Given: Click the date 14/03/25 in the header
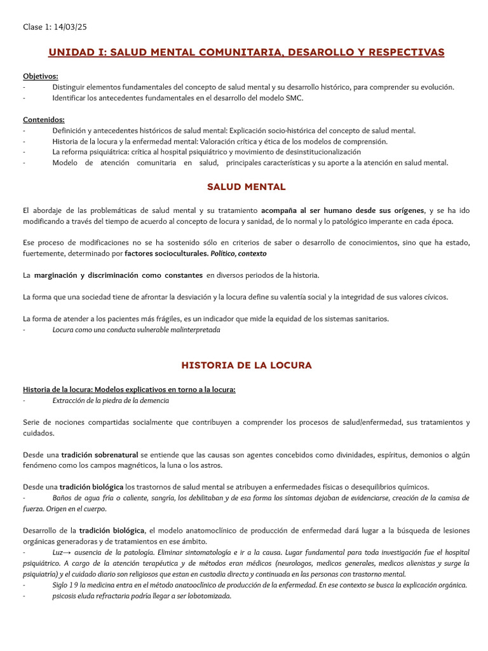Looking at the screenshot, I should [74, 27].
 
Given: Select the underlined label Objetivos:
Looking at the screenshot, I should [41, 76].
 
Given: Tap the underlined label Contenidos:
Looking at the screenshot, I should [44, 120].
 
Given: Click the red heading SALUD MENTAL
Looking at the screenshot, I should [247, 187].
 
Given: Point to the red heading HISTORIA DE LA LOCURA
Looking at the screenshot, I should [247, 366].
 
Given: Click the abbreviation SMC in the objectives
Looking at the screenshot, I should [295, 98].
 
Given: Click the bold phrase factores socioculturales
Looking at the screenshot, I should [166, 253].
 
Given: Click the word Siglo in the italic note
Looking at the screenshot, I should [60, 586].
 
